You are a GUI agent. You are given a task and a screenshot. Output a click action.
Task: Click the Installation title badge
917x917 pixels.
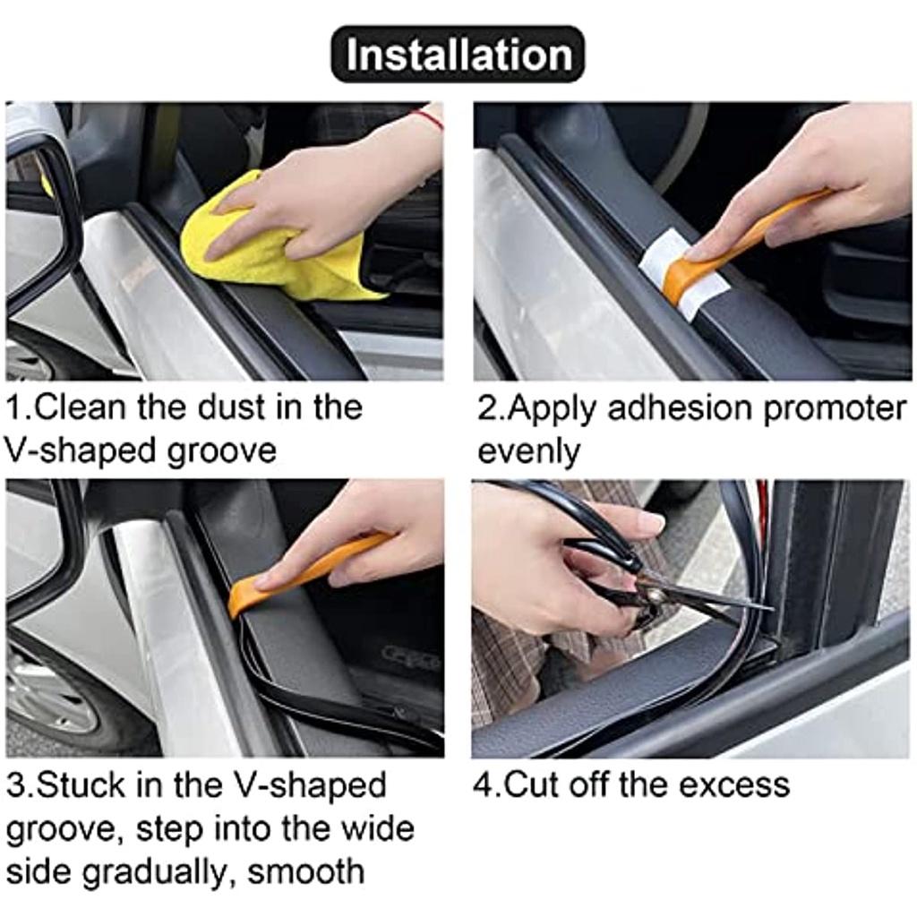click(x=458, y=55)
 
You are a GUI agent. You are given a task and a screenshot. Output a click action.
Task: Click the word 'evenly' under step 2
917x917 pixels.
click(x=528, y=451)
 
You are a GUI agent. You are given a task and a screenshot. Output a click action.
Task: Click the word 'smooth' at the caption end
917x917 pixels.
click(x=306, y=870)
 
